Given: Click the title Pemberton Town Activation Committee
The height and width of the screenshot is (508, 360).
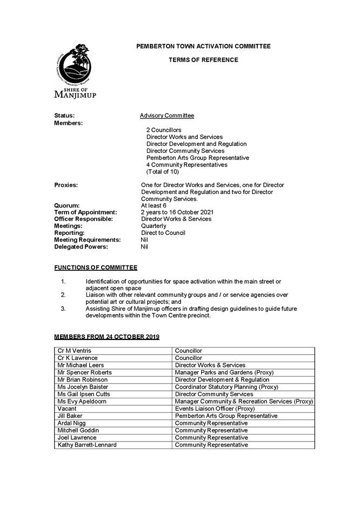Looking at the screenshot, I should click(203, 46).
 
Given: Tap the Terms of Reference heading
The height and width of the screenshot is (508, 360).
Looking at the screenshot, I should click(203, 60).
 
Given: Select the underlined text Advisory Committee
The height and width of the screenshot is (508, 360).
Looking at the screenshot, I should click(166, 116).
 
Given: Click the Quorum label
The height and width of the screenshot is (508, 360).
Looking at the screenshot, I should click(66, 205).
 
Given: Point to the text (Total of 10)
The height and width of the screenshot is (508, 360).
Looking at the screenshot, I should click(162, 172).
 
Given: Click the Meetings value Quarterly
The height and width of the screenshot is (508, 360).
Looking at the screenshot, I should click(154, 226).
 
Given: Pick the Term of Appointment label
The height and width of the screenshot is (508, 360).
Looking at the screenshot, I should click(85, 212).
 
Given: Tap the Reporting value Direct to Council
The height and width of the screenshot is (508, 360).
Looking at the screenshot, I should click(163, 233).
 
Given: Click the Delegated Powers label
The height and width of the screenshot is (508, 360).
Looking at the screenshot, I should click(81, 247).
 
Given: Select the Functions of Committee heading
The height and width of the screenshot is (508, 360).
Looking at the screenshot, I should click(96, 268).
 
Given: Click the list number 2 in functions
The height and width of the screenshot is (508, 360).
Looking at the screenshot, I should click(63, 295).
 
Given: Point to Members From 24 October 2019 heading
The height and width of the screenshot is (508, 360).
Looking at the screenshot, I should click(106, 337).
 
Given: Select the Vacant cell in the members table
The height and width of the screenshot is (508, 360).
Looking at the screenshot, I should click(67, 409).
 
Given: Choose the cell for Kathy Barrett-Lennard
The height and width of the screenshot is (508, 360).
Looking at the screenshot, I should click(86, 445).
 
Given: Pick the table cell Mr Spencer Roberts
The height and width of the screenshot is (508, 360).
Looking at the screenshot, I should click(84, 372).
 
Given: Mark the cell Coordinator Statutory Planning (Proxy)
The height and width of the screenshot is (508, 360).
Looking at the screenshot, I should click(226, 387).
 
